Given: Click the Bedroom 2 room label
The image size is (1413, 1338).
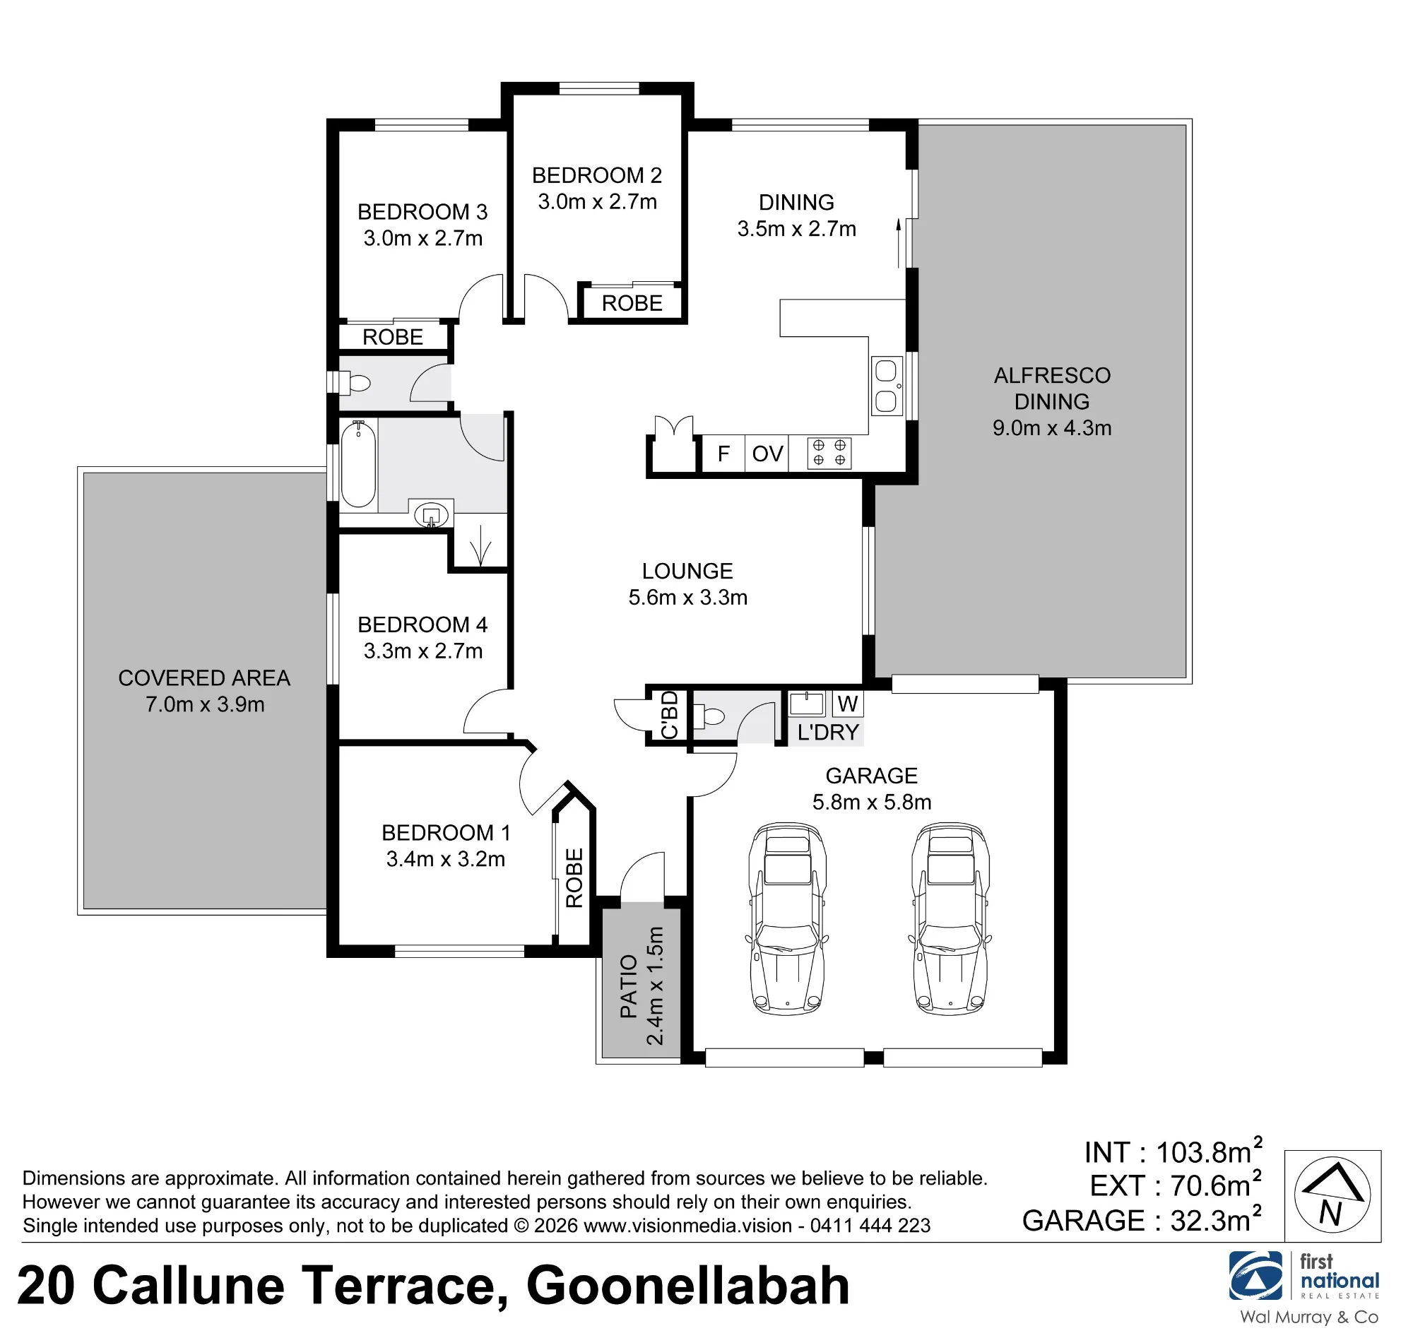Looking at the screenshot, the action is (x=597, y=175).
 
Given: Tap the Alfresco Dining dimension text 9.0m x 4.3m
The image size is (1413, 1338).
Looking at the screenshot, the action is (x=1052, y=428).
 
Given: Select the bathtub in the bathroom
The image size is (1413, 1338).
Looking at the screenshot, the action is (x=358, y=463).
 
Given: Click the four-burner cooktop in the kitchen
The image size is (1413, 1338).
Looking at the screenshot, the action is (x=829, y=453).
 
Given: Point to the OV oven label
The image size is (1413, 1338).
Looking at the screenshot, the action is (x=767, y=454).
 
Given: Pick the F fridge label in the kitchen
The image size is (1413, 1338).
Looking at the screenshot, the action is (x=723, y=454).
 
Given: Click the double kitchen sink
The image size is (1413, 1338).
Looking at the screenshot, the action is (x=887, y=386).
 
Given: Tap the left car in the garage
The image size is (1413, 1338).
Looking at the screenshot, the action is (x=788, y=918).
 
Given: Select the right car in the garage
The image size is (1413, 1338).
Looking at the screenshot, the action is (x=950, y=918).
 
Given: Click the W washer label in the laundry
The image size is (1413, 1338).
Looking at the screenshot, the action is (x=847, y=704).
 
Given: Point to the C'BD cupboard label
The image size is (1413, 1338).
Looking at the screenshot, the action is (x=669, y=716).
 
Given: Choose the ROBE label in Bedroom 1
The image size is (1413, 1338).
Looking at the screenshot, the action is (x=574, y=878).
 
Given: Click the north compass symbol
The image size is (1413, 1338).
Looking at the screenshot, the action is (x=1332, y=1196).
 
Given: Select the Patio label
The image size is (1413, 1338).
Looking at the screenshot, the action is (x=628, y=986).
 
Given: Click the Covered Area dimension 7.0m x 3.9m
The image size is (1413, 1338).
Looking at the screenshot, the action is (x=205, y=704).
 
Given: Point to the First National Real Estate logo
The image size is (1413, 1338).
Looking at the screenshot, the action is (x=1304, y=1286).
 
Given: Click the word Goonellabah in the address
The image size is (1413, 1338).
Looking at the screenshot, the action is (x=687, y=1285).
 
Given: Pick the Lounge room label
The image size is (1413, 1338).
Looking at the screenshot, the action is (x=687, y=571).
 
